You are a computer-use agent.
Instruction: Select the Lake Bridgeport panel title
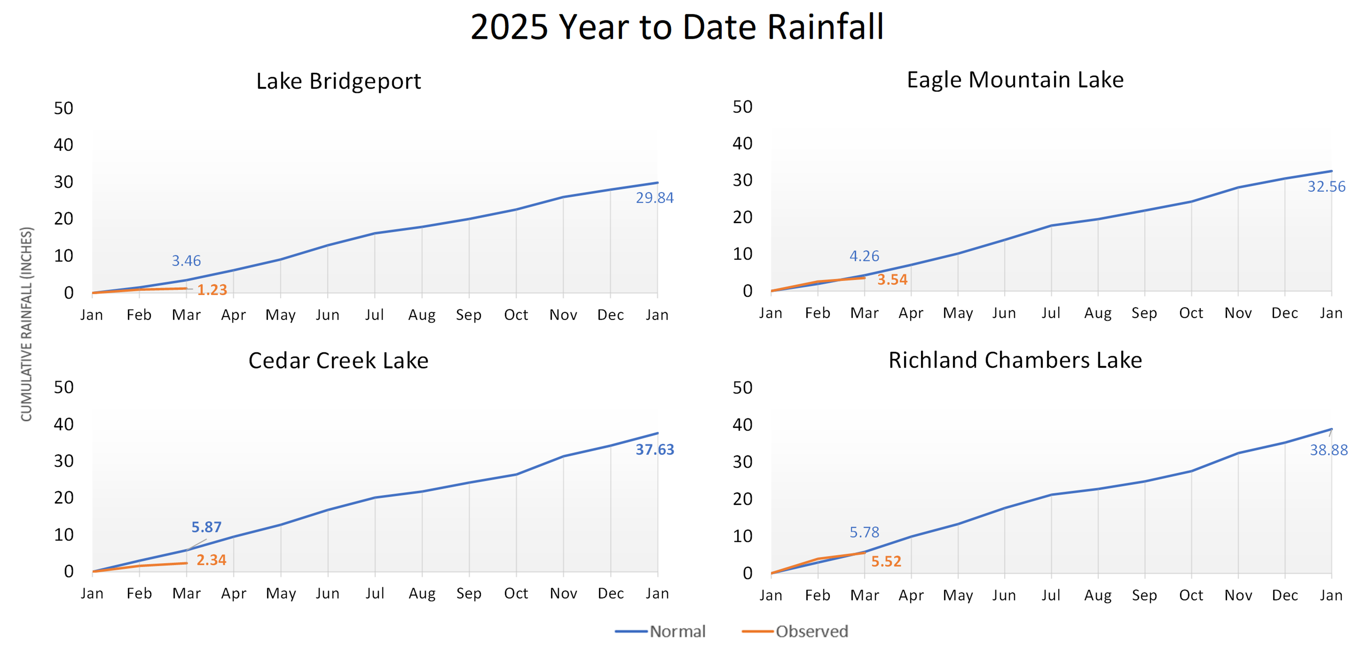tap(338, 81)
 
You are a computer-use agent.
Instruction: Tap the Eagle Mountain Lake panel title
tap(1015, 80)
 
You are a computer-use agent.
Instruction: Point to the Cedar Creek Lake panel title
tap(338, 361)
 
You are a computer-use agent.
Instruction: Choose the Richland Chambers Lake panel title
tap(1015, 360)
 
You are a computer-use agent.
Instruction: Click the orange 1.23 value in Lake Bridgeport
tap(212, 290)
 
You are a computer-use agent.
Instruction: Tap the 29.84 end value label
tap(654, 198)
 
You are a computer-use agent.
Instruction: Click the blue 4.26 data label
tap(864, 256)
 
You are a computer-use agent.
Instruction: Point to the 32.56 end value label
tap(1326, 186)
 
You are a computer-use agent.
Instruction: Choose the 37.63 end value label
tap(655, 450)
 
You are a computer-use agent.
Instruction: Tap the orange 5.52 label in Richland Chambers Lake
tap(886, 562)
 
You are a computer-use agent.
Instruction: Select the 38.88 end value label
tap(1328, 450)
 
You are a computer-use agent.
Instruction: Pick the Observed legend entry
tap(795, 631)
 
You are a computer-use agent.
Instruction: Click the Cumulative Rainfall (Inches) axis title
tap(26, 324)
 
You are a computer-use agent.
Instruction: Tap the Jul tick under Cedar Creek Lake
tap(375, 594)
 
